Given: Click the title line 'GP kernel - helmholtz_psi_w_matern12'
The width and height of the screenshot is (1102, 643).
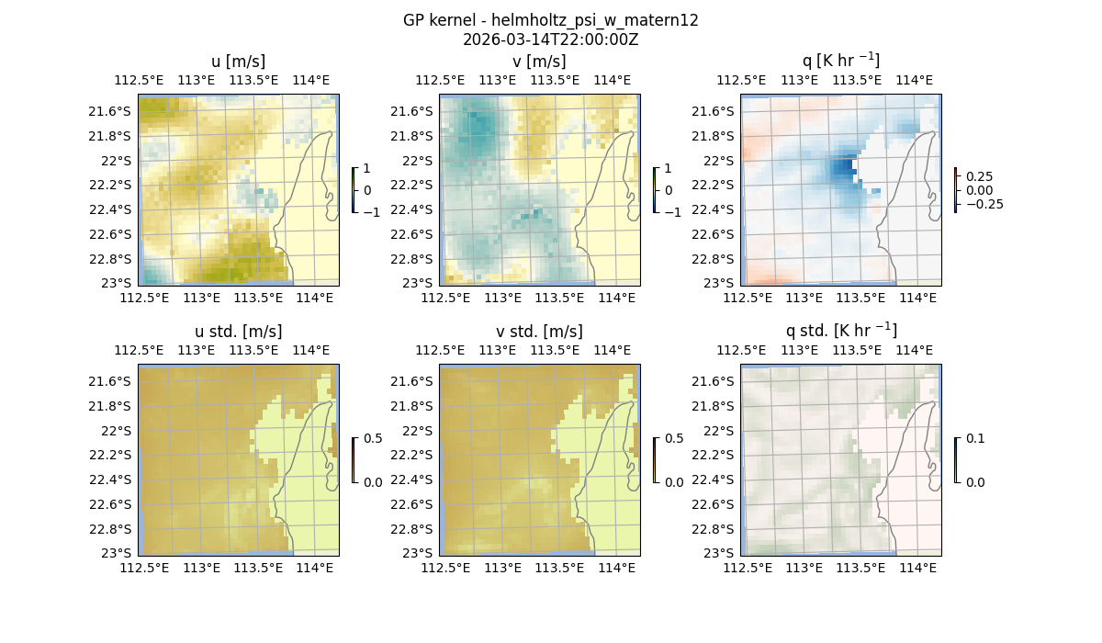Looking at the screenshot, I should tap(550, 20).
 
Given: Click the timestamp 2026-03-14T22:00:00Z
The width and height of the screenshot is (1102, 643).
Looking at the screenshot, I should tap(550, 39).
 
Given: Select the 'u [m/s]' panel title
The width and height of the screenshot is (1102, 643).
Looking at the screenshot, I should tap(238, 62).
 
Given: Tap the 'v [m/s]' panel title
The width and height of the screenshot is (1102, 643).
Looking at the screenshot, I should tap(539, 62).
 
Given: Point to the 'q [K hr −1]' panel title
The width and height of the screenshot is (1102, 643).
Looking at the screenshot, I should tap(840, 62).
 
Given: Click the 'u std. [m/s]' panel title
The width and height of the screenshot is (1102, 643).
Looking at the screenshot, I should tap(238, 332).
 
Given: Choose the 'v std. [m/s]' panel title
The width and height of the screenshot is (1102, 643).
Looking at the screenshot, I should tap(539, 332).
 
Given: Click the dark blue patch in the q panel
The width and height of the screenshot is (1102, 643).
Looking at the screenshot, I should tap(842, 169).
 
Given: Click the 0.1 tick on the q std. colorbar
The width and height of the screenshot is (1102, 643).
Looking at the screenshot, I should tap(974, 439).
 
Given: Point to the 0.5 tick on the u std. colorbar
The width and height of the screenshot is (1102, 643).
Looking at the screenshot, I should tap(373, 439).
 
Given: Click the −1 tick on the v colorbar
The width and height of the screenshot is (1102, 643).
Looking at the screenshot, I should tap(673, 212).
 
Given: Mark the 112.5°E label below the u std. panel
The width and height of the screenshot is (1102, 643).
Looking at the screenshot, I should tap(144, 568).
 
